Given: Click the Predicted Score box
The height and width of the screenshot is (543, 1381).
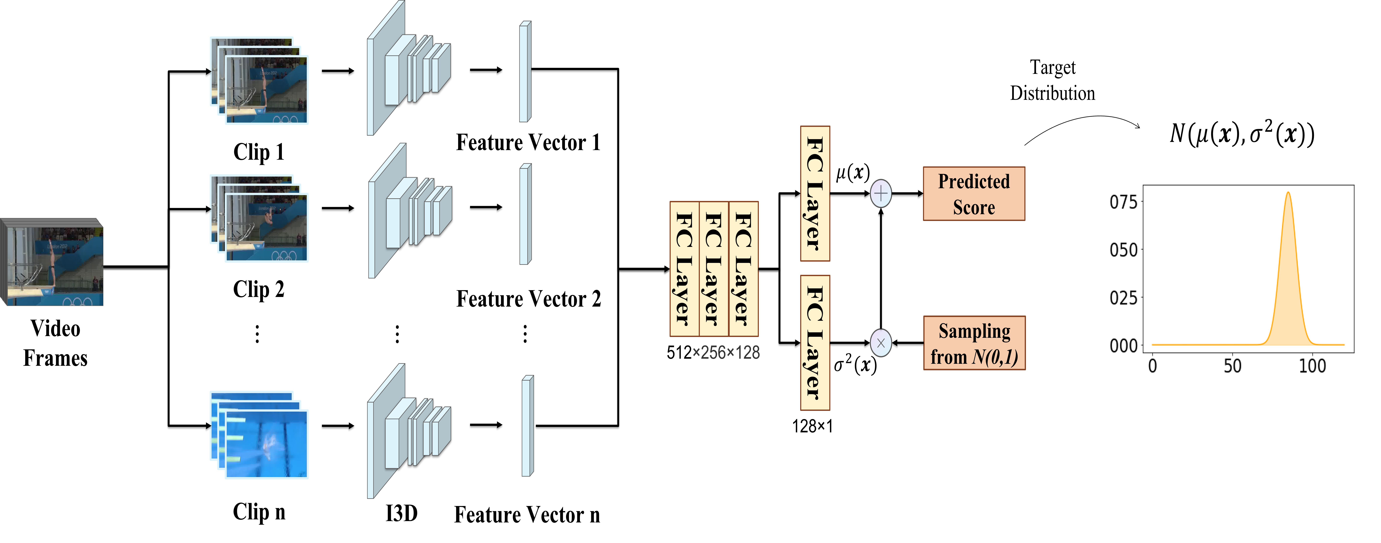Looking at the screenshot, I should [974, 194].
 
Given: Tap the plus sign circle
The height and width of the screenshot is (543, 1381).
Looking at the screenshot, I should [881, 194].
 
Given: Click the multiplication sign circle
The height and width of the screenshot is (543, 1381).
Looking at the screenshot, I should [881, 343].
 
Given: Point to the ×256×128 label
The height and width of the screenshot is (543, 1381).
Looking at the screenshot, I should [726, 353].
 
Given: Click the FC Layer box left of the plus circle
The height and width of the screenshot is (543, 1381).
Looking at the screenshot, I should [815, 194].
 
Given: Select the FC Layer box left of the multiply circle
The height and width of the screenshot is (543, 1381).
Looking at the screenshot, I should [815, 343].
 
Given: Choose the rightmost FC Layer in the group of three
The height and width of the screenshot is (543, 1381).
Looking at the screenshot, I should [744, 269].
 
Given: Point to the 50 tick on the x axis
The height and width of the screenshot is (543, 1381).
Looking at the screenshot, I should [1232, 366].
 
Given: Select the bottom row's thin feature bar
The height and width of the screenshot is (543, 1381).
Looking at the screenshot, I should [527, 426].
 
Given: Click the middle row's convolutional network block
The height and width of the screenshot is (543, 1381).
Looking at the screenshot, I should [410, 211].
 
